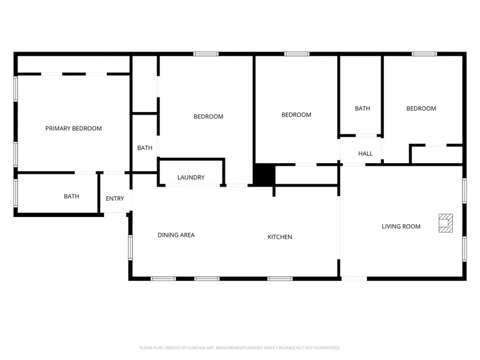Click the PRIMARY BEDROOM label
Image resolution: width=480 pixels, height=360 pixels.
point(73,129)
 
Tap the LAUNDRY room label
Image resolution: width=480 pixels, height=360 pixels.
point(191,178)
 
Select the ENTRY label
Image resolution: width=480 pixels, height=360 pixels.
point(115,199)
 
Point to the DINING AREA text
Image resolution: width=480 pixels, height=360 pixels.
point(176,235)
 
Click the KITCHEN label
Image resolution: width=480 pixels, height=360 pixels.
point(279,237)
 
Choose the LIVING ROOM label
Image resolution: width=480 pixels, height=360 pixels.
point(401,227)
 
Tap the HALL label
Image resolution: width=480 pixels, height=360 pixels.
point(365,154)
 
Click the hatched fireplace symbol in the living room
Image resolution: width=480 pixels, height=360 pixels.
point(445,223)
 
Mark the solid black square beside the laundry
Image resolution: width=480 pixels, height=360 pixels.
point(263,175)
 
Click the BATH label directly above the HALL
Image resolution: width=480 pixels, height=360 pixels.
point(362,108)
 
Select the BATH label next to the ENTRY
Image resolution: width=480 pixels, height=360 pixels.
point(71,196)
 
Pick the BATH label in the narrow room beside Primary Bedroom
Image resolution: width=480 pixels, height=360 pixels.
point(145,148)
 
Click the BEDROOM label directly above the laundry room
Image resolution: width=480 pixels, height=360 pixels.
point(208,116)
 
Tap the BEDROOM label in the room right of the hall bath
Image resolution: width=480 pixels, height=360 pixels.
point(421,108)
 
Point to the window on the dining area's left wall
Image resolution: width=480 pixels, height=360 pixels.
point(130,247)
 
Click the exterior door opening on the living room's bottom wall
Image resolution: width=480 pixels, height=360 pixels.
point(354,278)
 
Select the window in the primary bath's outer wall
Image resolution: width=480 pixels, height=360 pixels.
point(15,193)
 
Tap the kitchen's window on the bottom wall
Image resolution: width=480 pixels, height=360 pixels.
point(279,278)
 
